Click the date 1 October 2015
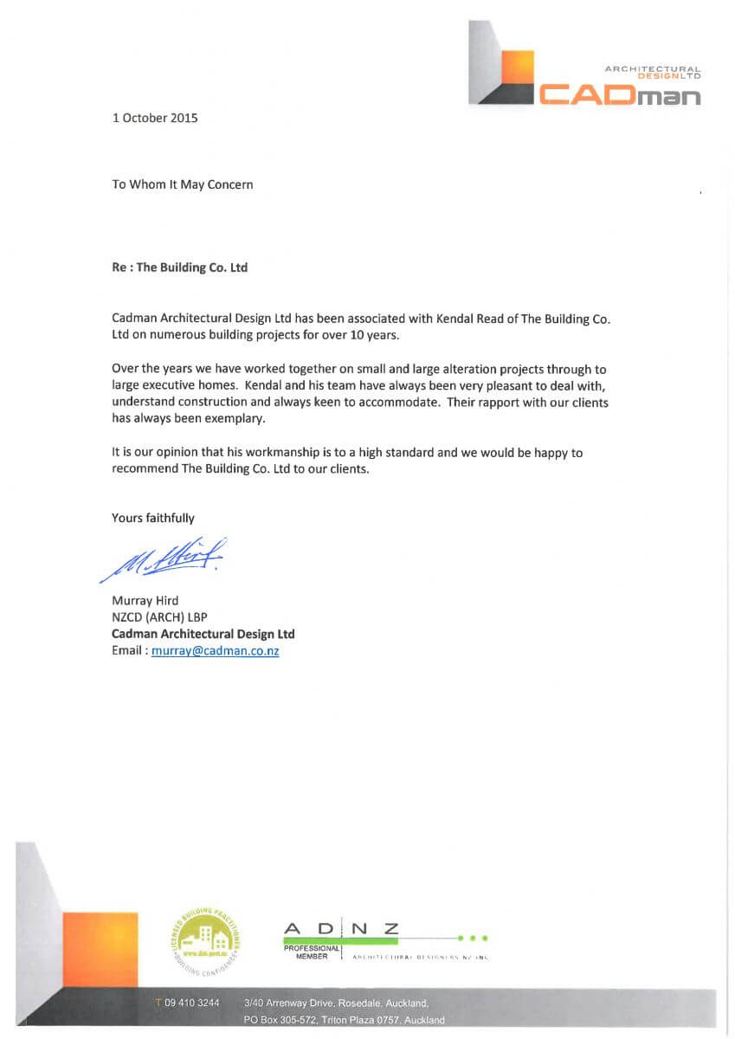tap(155, 118)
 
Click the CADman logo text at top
tap(619, 94)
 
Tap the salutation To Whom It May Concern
tap(182, 184)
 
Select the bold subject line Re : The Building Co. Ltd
tap(179, 268)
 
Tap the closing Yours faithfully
tap(153, 518)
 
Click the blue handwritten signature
tap(164, 558)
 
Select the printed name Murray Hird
tap(145, 601)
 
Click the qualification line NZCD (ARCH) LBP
tap(160, 617)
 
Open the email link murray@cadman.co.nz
tap(215, 651)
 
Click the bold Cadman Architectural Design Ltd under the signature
tap(203, 634)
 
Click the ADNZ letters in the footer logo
tap(341, 929)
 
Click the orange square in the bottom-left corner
tap(100, 949)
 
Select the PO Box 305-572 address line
tap(344, 1020)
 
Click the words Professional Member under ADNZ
tap(311, 952)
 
